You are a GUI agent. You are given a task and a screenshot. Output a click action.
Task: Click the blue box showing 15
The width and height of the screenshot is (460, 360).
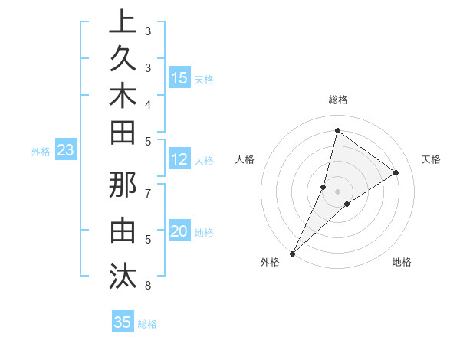179,77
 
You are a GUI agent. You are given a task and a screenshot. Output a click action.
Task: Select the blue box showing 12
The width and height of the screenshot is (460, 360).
179,160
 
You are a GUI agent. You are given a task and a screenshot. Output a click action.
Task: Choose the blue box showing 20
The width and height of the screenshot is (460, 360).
179,232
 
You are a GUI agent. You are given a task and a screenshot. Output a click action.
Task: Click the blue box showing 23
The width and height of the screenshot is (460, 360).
65,151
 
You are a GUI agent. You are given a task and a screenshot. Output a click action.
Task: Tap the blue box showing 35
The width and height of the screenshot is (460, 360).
123,322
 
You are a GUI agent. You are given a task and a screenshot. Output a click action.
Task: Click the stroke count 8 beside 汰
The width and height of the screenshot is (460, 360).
147,286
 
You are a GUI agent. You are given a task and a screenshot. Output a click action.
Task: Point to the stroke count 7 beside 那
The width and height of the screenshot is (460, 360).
147,192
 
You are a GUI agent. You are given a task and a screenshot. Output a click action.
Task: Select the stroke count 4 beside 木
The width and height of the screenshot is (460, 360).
147,103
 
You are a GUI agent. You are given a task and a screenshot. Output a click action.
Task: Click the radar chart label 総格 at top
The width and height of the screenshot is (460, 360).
338,100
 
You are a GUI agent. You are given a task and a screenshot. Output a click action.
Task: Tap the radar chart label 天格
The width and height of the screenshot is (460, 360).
431,159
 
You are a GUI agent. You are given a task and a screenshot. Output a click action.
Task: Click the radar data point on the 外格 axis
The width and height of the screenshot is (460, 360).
292,253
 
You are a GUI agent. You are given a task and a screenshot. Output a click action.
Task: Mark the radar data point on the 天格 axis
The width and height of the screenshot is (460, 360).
396,172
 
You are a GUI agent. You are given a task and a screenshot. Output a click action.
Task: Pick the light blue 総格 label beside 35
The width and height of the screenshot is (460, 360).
147,324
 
